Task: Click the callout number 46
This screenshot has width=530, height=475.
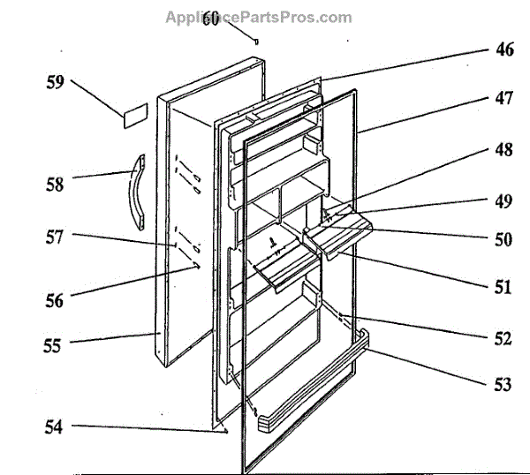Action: [503, 50]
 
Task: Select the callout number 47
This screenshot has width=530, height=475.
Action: [503, 101]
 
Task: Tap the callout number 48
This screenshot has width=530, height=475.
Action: [503, 150]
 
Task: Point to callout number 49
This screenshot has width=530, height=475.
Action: [503, 201]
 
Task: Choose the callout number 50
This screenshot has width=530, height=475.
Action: [503, 239]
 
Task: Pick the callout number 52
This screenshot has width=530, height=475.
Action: [503, 338]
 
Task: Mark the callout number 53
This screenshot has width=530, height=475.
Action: [503, 385]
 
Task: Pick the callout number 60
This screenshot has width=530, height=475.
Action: [210, 19]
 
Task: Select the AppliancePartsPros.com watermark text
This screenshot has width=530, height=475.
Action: [258, 17]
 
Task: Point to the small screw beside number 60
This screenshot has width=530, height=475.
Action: [255, 40]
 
